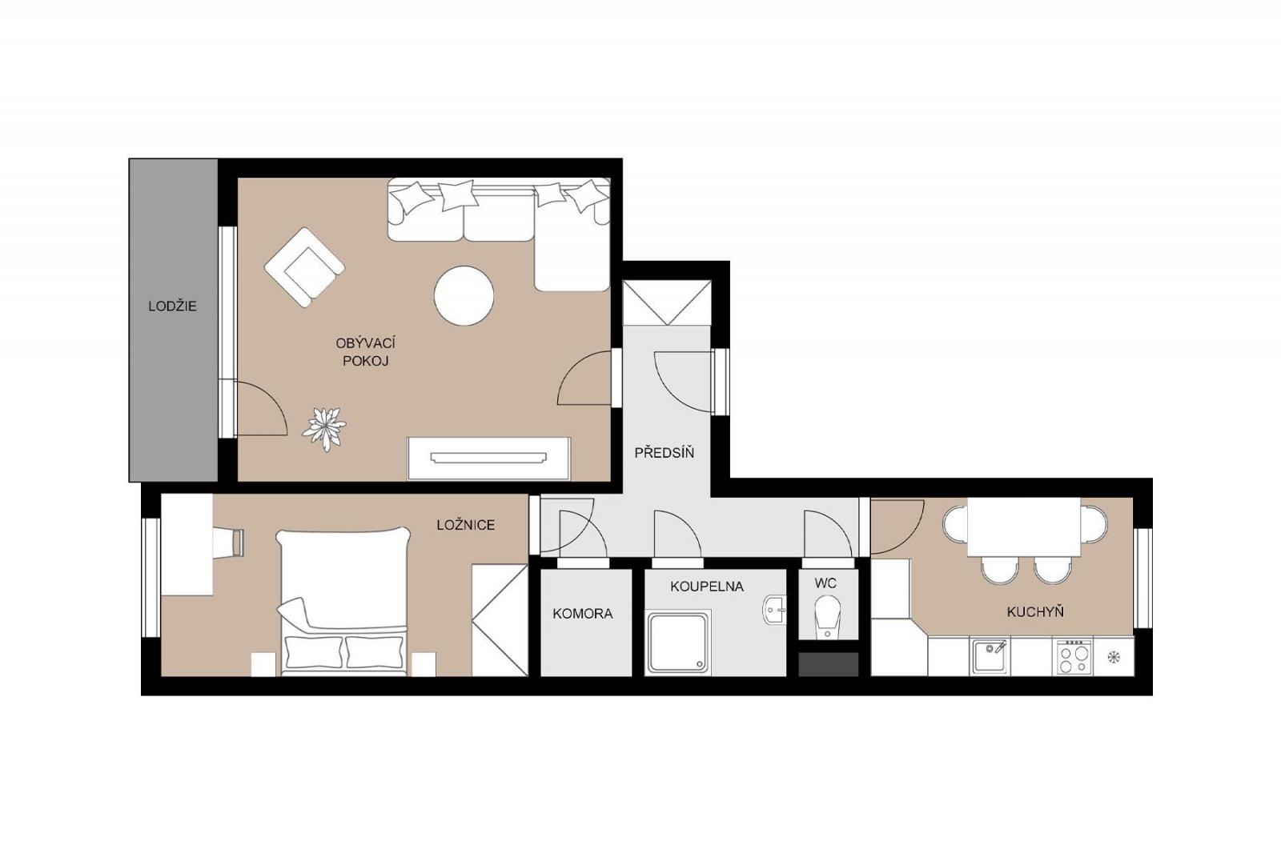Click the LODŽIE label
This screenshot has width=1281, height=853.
coord(172,306)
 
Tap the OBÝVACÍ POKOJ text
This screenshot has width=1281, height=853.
coord(365,352)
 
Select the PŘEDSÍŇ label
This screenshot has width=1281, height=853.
coord(664,452)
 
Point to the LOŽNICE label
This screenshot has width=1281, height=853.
coord(465,525)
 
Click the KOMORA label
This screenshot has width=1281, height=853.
coord(582,614)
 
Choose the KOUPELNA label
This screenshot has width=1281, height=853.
coord(707,586)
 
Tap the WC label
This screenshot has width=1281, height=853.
coord(825,583)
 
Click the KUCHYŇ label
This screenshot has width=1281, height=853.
coord(1035,611)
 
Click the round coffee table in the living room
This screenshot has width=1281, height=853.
coord(464,295)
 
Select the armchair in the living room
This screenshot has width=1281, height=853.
coord(304,267)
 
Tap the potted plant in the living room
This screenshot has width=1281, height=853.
coord(324,429)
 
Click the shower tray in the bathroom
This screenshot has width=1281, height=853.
coord(679,643)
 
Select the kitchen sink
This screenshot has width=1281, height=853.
coord(990,656)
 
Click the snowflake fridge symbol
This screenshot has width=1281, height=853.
coord(1114,657)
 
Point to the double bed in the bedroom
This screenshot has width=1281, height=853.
coord(343,601)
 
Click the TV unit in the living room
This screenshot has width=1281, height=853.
coord(489,459)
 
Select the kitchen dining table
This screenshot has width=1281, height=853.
coord(1024,527)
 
